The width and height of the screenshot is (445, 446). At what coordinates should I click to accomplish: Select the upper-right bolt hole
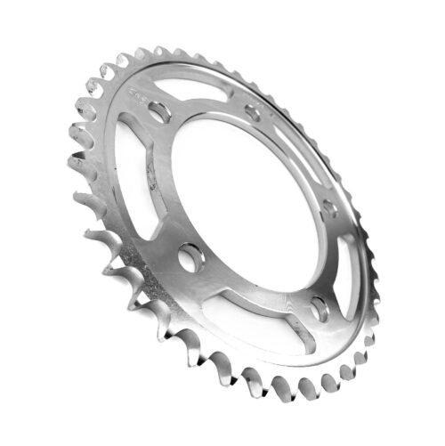click(x=253, y=114)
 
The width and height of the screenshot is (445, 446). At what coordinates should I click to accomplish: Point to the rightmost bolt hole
click(x=329, y=210)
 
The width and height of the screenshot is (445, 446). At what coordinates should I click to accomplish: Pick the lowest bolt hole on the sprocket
click(x=319, y=311)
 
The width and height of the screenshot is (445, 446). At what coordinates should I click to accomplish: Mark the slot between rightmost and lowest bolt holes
click(x=343, y=267)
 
